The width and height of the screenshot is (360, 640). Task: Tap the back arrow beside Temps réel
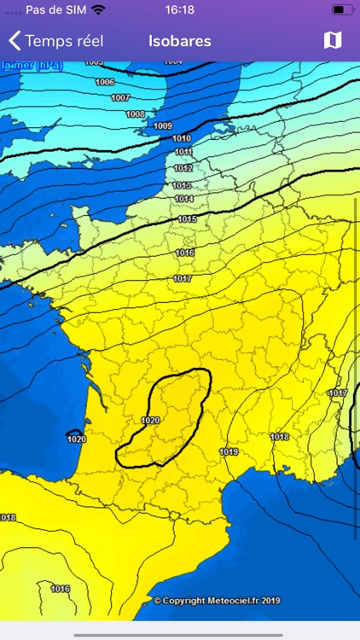(15, 40)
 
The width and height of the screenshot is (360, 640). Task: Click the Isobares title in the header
(179, 40)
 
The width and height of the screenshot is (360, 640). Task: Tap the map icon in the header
(333, 40)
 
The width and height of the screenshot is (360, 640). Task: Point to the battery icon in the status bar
(341, 10)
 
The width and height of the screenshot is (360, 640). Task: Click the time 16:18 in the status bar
(180, 10)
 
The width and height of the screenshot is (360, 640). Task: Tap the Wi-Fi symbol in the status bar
(99, 10)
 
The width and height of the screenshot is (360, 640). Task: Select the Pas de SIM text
(55, 10)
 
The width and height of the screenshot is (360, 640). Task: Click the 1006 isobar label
(105, 82)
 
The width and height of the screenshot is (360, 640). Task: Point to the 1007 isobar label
(120, 97)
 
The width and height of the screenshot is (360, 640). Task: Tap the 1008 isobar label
(135, 113)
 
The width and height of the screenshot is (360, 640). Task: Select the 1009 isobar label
(162, 125)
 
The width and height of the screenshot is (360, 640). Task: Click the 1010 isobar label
(182, 138)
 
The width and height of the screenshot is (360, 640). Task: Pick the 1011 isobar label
(183, 152)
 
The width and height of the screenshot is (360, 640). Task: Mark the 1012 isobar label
(183, 168)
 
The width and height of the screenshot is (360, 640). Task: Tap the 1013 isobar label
(182, 184)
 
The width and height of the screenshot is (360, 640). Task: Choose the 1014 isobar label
(184, 199)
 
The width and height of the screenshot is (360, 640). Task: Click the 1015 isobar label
(188, 219)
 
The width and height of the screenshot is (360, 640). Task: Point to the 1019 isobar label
(228, 451)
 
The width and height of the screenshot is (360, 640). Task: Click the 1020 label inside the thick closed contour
(150, 420)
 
